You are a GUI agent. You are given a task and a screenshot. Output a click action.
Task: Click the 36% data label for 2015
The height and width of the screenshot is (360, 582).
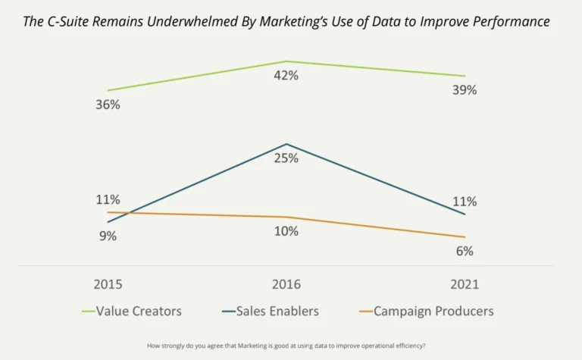pyautogui.click(x=108, y=105)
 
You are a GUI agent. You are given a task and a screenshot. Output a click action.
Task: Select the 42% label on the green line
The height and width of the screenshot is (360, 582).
pyautogui.click(x=286, y=76)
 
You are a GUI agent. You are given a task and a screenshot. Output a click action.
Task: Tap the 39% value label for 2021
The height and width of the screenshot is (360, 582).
pyautogui.click(x=465, y=90)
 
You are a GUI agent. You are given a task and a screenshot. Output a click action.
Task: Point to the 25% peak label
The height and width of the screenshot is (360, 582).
pyautogui.click(x=286, y=158)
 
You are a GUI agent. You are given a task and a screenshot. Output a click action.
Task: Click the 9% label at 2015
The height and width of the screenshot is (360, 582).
pyautogui.click(x=108, y=236)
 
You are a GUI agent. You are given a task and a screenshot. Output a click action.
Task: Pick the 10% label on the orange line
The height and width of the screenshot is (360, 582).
pyautogui.click(x=286, y=231)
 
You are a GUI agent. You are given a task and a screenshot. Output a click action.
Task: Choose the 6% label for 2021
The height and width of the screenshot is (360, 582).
pyautogui.click(x=465, y=251)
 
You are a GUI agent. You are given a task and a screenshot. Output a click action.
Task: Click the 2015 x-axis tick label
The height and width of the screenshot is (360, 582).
pyautogui.click(x=108, y=285)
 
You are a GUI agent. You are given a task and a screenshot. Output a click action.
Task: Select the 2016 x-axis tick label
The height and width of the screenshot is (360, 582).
pyautogui.click(x=286, y=285)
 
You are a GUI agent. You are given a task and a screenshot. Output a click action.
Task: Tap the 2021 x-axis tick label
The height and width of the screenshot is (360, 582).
pyautogui.click(x=465, y=285)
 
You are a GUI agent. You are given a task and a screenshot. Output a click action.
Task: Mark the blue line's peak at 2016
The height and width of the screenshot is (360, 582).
pyautogui.click(x=286, y=144)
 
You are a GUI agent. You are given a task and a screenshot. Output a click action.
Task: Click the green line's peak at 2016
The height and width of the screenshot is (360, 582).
pyautogui.click(x=286, y=61)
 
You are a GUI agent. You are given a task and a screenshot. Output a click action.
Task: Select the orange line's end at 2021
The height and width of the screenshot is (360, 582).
pyautogui.click(x=465, y=237)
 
